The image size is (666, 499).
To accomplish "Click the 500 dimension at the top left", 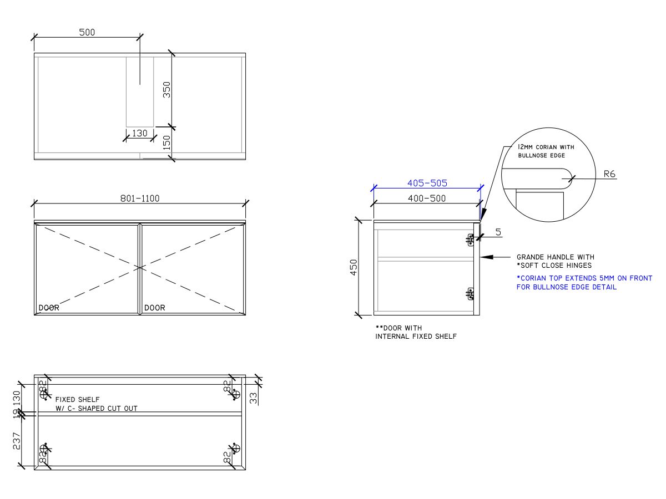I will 87,32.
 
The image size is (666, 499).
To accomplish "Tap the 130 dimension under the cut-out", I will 140,134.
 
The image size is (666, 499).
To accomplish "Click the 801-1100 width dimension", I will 140,198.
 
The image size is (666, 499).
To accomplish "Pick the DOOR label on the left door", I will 49,308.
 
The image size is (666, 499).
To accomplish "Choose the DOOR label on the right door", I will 155,308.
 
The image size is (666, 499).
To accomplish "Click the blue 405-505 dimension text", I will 427,183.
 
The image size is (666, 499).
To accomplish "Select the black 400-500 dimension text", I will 426,198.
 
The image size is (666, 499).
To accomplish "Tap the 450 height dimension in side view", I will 354,267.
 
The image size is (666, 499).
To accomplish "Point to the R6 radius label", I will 609,174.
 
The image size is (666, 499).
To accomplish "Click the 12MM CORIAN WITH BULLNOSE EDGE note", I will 546,151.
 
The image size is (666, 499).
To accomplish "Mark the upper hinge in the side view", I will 471,240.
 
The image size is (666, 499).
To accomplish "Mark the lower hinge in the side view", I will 471,293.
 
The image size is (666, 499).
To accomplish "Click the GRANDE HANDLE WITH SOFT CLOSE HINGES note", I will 555,261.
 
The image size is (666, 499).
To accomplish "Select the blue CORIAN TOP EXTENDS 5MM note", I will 584,283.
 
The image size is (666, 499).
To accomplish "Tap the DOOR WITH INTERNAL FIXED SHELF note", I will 416,332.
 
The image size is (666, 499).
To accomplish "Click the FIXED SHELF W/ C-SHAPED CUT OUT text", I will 96,404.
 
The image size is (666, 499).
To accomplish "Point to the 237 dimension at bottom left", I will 17,441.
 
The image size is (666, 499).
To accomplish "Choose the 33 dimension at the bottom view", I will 254,398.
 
